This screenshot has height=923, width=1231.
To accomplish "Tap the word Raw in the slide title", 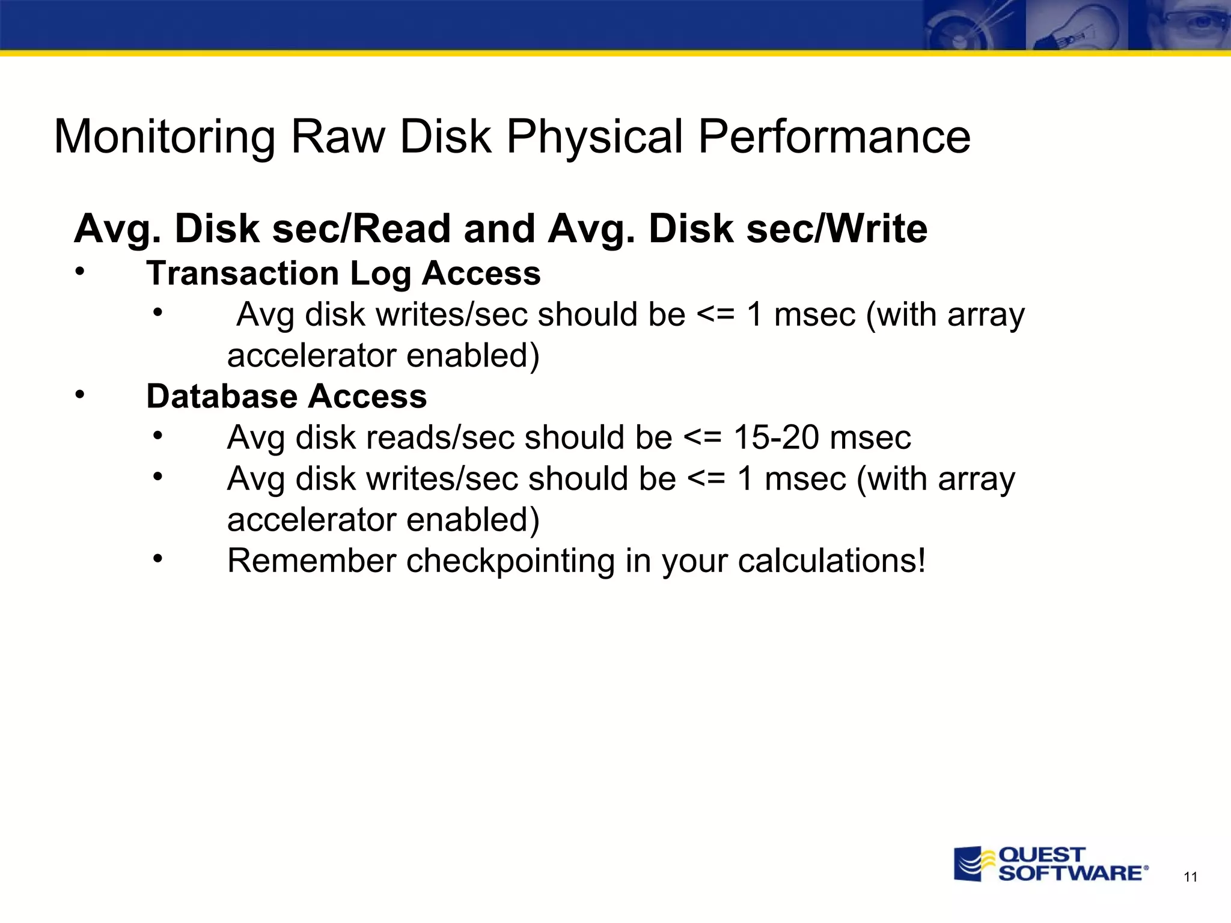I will point(337,136).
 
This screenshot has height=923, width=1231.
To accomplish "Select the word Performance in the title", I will point(834,136).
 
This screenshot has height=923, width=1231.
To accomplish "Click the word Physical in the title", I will point(594,138).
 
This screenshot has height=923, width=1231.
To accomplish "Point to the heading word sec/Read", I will point(362,229).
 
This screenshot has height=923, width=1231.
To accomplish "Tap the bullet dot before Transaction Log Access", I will point(80,272).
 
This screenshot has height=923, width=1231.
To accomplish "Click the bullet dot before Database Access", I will point(80,395).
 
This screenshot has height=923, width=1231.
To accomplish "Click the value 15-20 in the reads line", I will point(776,437).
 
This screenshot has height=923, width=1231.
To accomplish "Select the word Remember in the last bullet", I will point(311,561).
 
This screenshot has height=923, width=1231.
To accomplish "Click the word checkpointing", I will point(510,562).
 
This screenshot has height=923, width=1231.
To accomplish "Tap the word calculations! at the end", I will point(832,561).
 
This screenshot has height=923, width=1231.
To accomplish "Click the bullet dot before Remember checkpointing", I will point(157,559).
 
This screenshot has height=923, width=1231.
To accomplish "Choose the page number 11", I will point(1190,877).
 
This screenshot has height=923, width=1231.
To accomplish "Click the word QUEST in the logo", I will point(1042,854).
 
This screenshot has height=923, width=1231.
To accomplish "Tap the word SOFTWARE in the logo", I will point(1070,873).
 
